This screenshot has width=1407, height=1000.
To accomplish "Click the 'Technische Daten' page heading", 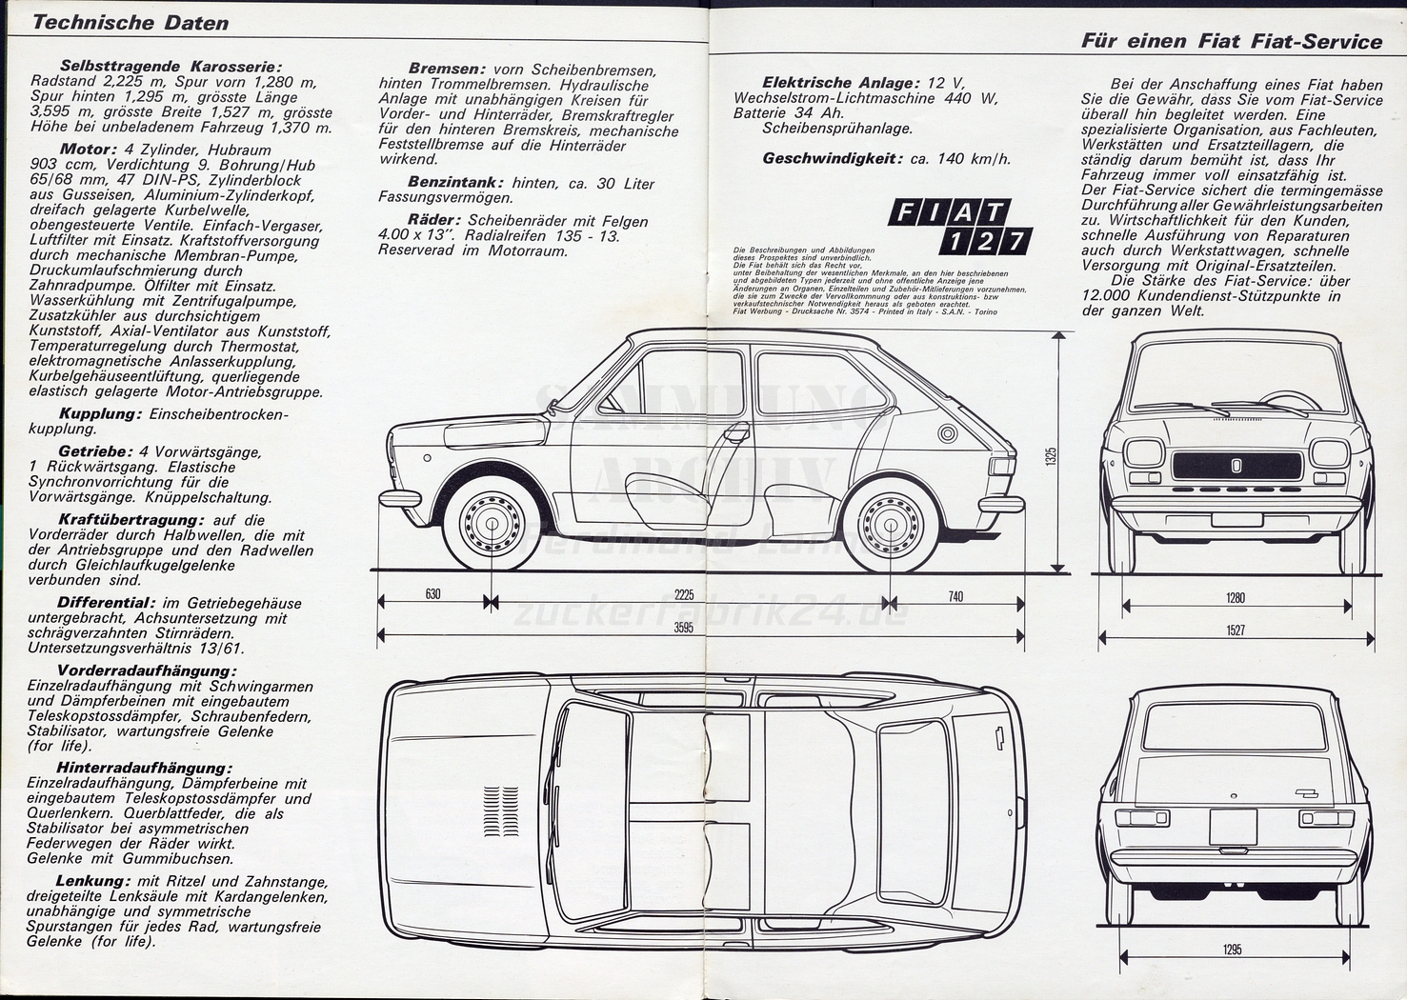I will click(x=131, y=23).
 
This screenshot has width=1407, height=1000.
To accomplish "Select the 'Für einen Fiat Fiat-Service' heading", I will click(x=1231, y=41).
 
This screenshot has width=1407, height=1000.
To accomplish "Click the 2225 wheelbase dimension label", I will click(x=683, y=595).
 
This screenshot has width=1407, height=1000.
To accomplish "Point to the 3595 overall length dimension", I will click(x=683, y=628).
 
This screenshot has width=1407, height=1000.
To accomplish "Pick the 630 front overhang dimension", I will click(x=432, y=595).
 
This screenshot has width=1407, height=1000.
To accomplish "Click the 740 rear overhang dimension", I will click(x=955, y=597).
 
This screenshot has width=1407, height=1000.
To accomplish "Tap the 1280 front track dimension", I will click(x=1236, y=598).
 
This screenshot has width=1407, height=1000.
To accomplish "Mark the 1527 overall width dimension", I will click(x=1236, y=630).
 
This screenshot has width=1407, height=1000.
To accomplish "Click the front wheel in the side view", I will click(x=492, y=522).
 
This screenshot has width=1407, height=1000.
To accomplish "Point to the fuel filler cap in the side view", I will click(x=947, y=434).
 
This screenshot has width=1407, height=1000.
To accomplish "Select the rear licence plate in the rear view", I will click(x=1233, y=825).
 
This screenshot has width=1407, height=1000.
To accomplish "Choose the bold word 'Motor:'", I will click(x=88, y=150).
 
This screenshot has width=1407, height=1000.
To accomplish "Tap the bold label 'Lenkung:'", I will click(x=91, y=881).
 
